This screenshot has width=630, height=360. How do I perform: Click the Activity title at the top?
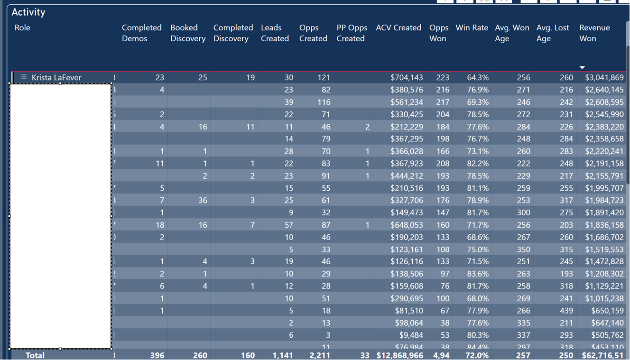28,12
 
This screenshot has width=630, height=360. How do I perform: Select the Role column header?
22,28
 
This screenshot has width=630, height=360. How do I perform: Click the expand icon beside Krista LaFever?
24,77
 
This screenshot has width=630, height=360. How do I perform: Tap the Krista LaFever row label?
56,77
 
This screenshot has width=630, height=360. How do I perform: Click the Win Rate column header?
472,28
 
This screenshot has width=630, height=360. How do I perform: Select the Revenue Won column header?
594,33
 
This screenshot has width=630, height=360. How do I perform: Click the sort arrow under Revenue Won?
582,67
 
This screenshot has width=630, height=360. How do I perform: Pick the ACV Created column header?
398,28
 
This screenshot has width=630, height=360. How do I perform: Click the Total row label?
35,355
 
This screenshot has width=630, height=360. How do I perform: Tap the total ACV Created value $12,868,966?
399,355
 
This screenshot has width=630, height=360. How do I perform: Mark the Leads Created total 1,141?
282,355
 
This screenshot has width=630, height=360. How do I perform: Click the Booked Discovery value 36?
203,200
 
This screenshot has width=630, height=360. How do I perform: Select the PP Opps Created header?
352,33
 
